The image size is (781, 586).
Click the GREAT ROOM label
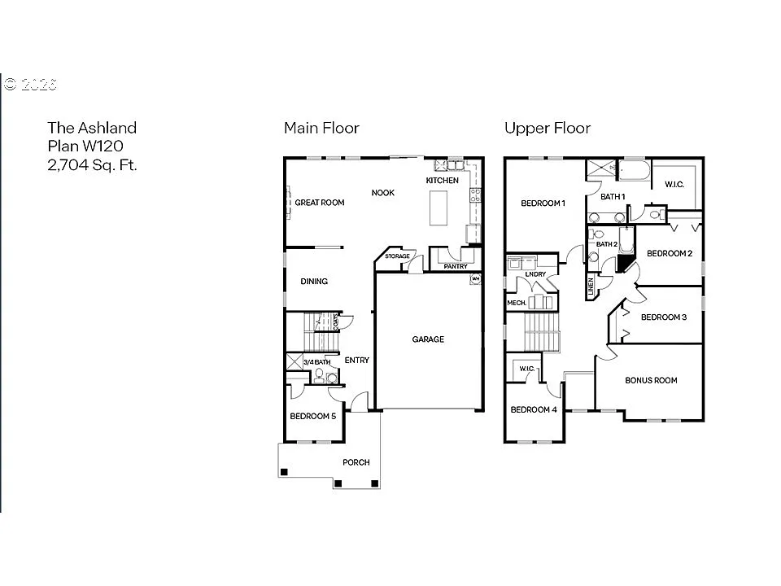[x=320, y=203]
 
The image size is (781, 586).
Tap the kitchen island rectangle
[x=439, y=208]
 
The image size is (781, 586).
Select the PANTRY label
[x=456, y=265]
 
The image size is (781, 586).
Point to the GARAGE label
[x=428, y=339]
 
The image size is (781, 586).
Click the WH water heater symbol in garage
[x=475, y=279]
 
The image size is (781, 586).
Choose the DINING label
[x=314, y=282]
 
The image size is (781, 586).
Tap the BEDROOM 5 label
[x=312, y=416]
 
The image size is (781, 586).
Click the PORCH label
[x=356, y=462]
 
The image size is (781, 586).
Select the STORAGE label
[x=397, y=256]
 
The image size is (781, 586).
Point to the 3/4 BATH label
[x=316, y=362]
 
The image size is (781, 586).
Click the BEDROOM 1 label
[x=543, y=203]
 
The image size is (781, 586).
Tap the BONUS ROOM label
[x=651, y=380]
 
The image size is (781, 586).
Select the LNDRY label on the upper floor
[x=535, y=274]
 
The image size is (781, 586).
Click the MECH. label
[x=517, y=303]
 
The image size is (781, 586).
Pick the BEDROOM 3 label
[x=664, y=317]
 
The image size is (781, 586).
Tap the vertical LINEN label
[x=591, y=287]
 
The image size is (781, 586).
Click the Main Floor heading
[x=321, y=128]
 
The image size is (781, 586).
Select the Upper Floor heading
[x=547, y=128]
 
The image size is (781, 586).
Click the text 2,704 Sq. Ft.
[x=92, y=164]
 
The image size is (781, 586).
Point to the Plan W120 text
[x=85, y=146]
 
